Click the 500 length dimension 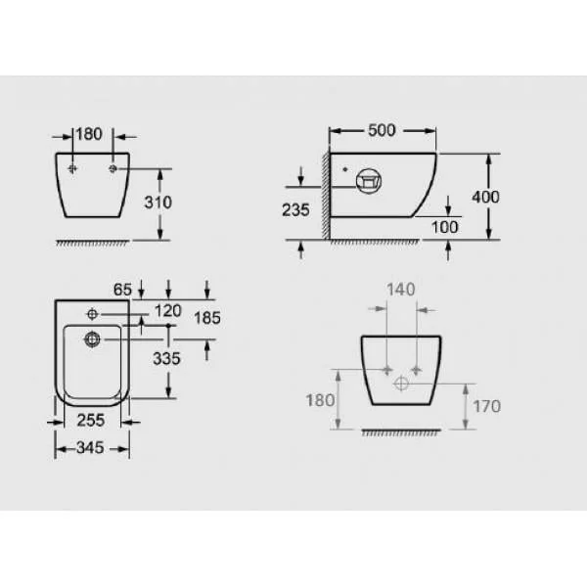382,130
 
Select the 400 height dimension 485,197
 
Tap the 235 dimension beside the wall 295,210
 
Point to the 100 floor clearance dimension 445,227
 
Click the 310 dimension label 158,203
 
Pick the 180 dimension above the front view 89,134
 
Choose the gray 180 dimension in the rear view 320,400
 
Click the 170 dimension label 486,406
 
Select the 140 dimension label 401,290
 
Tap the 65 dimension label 123,290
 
